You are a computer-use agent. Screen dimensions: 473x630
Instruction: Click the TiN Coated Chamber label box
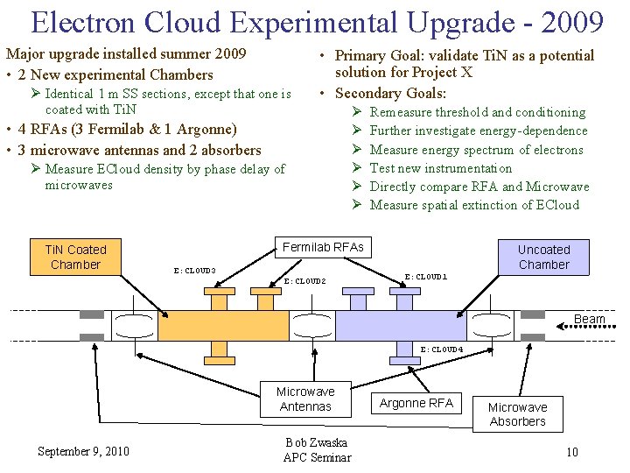[x=76, y=257]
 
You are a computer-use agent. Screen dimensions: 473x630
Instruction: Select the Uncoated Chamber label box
[x=542, y=257]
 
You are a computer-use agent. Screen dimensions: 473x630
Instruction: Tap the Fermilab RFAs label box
[x=323, y=247]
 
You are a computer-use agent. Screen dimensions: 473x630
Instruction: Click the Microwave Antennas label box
[x=304, y=399]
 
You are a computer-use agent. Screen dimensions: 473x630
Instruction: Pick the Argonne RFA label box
[x=416, y=403]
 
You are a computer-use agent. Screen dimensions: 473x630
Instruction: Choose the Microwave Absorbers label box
[x=517, y=414]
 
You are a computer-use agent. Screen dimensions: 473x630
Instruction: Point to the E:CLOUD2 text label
[x=304, y=281]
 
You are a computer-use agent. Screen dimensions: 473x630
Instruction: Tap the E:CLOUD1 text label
[x=426, y=277]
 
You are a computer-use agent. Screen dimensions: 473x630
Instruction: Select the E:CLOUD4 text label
[x=442, y=349]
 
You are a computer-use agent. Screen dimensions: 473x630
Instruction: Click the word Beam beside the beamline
[x=590, y=320]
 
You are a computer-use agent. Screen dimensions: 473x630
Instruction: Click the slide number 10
[x=571, y=452]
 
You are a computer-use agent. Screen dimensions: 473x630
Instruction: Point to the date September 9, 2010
[x=83, y=451]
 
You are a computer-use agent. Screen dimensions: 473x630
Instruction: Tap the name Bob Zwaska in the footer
[x=317, y=442]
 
